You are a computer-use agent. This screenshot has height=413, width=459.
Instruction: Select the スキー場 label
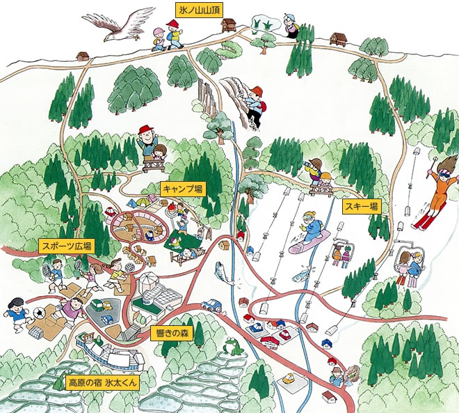click(362, 206)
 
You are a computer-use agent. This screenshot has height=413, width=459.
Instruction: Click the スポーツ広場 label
click(65, 246)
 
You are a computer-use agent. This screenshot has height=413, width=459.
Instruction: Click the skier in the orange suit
click(436, 192)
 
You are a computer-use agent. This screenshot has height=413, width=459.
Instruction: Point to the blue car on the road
click(211, 305)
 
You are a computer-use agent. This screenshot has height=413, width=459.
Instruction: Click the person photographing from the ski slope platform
click(315, 170)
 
